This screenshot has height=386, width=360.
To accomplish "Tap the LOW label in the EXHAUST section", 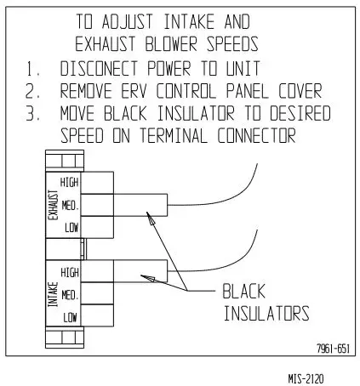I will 72,227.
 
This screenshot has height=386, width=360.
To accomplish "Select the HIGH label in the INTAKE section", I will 70,272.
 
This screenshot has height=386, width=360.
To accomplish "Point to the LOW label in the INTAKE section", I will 72,316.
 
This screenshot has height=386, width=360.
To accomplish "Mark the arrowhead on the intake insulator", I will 144,275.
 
